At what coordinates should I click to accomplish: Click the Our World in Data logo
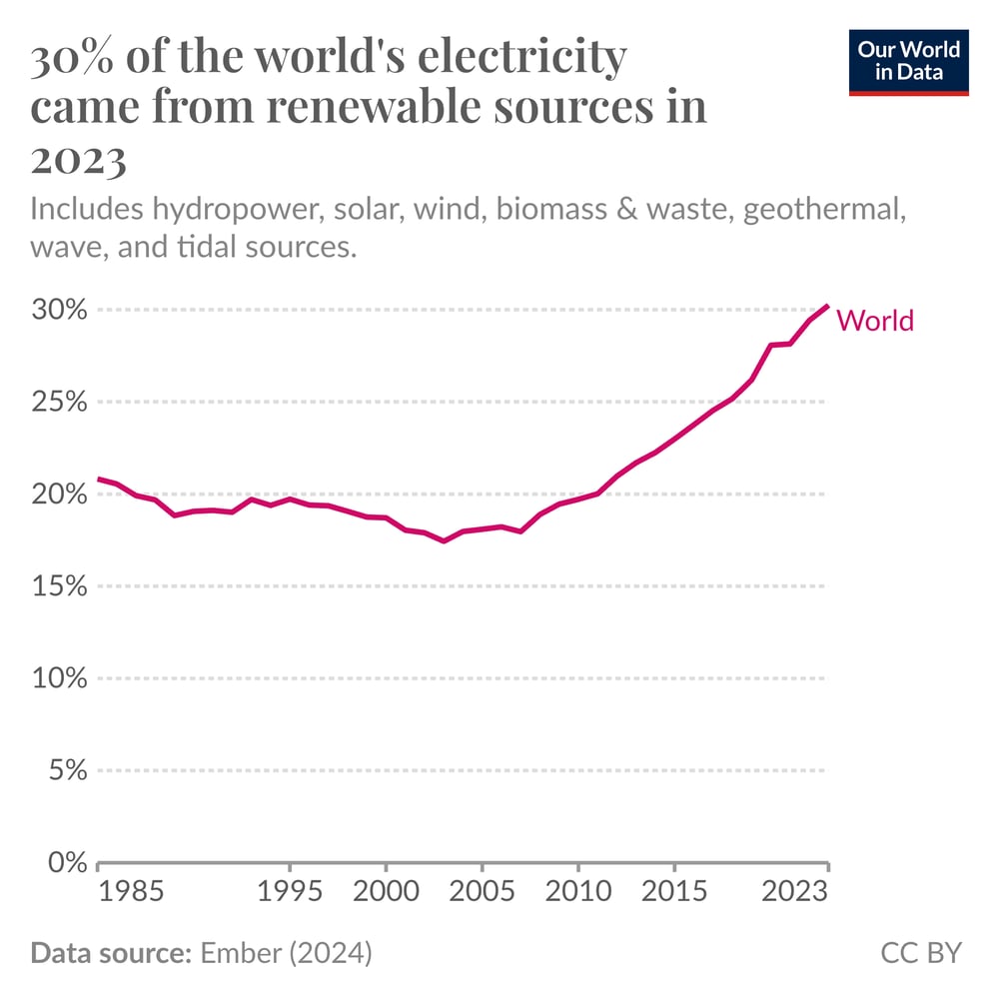click(908, 61)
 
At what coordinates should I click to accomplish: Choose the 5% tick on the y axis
click(67, 770)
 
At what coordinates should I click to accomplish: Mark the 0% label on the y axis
click(67, 862)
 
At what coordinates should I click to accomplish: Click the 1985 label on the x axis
click(130, 891)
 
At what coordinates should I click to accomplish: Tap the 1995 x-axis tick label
click(290, 891)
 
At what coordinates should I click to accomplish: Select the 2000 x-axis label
click(386, 891)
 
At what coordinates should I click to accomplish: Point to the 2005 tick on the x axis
click(482, 891)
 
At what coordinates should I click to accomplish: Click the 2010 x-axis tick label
click(577, 891)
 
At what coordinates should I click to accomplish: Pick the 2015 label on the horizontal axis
click(673, 891)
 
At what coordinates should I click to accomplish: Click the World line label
click(875, 321)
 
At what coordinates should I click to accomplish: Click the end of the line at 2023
click(827, 306)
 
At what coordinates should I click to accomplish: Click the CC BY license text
click(920, 953)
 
